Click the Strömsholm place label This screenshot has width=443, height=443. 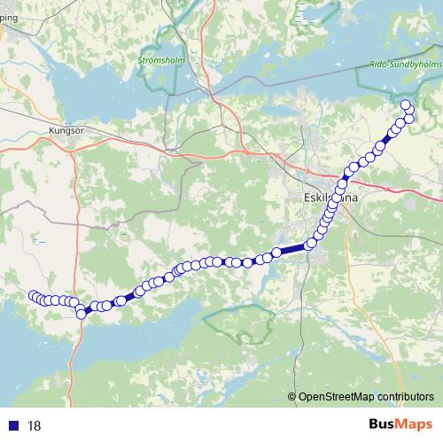(159, 60)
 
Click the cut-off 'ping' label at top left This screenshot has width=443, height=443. (9, 27)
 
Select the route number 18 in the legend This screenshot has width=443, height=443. (35, 425)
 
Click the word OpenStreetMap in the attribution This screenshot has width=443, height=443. (336, 397)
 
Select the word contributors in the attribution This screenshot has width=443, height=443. (407, 397)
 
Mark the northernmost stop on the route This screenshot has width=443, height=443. (406, 105)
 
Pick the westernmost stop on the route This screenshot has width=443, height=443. (34, 296)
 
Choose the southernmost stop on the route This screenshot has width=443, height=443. (82, 314)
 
